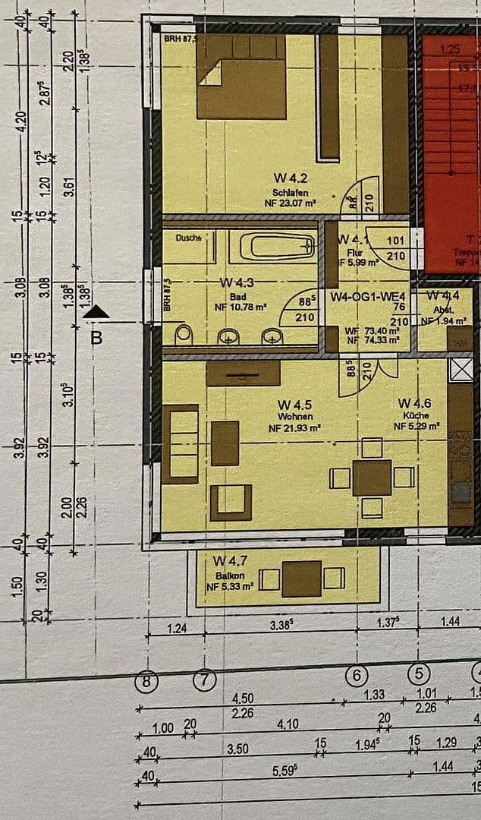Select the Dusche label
pos(188,238)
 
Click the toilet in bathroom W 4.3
pos(183,334)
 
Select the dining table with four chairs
pos(372,477)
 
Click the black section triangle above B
pos(96,311)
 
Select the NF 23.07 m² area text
pos(290,203)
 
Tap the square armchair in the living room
pos(231,502)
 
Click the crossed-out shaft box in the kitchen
pos(460,370)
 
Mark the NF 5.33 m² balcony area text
pos(230,587)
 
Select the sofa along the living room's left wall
pos(180,443)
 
